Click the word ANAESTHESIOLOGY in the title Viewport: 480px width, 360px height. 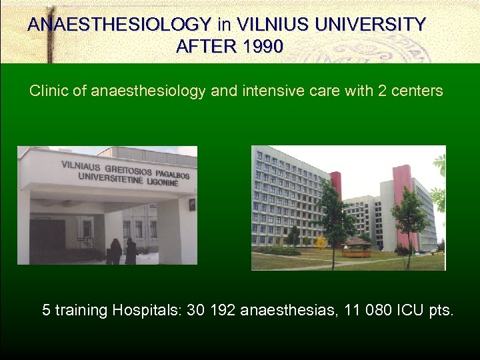tap(119, 25)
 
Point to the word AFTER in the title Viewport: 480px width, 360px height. tap(198, 47)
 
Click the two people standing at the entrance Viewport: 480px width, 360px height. tap(123, 251)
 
